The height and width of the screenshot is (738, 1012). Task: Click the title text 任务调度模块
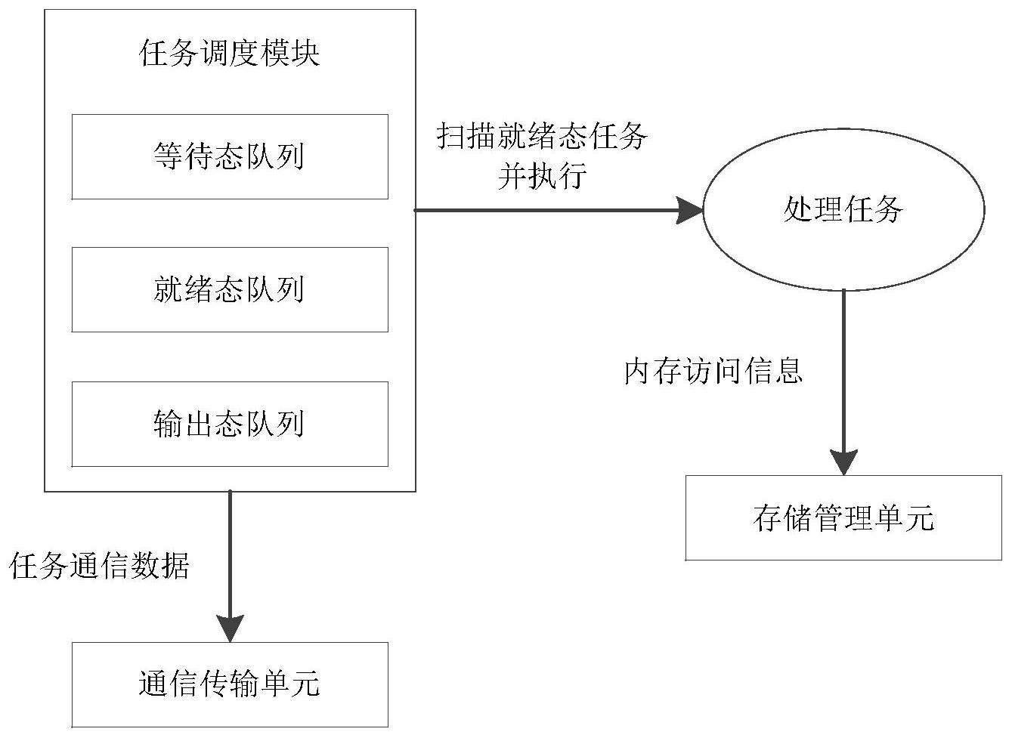click(230, 54)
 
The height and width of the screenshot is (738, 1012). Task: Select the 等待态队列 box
click(230, 157)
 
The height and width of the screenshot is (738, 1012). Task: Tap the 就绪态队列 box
click(230, 289)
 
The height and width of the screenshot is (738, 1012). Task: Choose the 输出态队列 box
click(230, 424)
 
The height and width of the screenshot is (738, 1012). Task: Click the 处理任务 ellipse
click(843, 211)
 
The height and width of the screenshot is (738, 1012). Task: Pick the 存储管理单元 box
click(843, 518)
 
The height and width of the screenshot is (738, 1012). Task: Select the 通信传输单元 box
click(230, 684)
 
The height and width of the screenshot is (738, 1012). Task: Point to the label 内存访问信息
click(713, 371)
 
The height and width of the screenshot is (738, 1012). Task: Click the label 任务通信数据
click(99, 566)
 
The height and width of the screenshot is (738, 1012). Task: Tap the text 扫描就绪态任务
click(542, 137)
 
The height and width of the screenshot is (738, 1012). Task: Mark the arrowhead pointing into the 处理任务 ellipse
click(689, 211)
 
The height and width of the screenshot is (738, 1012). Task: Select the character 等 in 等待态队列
click(168, 157)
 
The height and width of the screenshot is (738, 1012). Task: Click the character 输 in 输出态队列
click(168, 424)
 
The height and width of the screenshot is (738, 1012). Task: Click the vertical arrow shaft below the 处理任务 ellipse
click(843, 363)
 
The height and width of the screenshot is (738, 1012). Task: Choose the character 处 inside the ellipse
click(798, 211)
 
